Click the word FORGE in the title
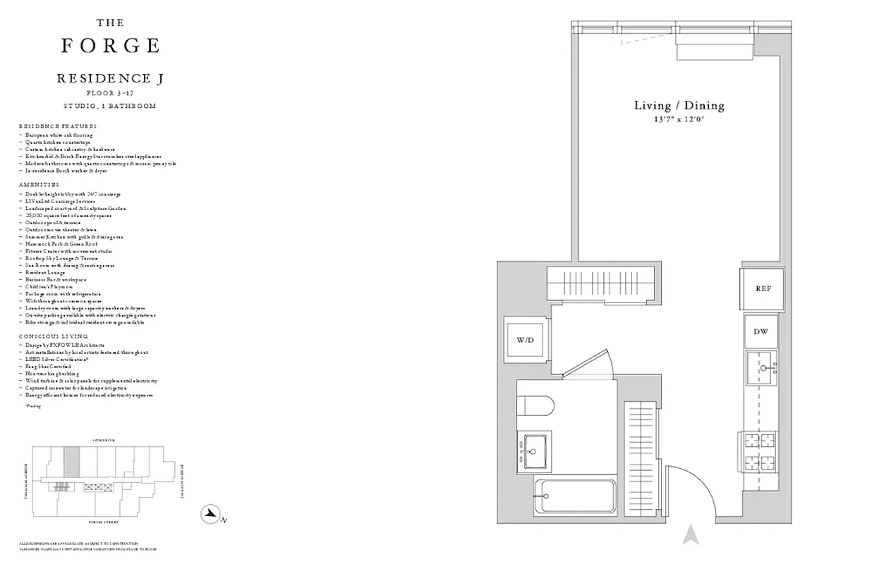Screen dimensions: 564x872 [110, 47]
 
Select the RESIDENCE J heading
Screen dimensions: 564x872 [110, 79]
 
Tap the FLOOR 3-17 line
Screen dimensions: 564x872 [110, 93]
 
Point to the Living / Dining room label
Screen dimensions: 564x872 [679, 106]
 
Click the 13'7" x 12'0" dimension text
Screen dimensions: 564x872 [679, 121]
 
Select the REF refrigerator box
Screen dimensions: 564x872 [763, 288]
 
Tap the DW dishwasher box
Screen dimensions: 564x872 [761, 331]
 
